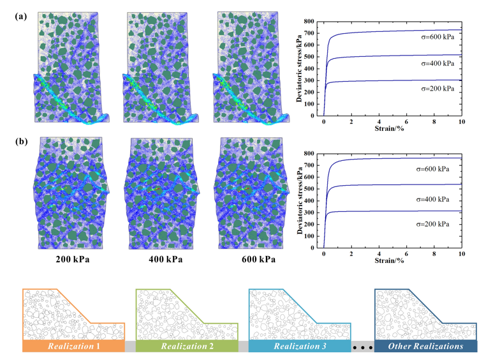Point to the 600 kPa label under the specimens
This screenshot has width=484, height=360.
[254, 260]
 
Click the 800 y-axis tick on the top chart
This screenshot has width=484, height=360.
[311, 22]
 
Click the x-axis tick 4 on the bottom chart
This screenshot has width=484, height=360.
[379, 253]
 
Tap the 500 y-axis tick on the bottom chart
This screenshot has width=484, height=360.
[311, 189]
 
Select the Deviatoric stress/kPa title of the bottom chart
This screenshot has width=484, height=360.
[298, 200]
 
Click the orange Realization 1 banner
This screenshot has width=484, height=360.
[73, 346]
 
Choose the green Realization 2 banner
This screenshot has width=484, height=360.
[186, 346]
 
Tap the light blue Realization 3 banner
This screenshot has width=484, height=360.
[299, 346]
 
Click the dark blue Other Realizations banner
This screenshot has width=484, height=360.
[425, 346]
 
